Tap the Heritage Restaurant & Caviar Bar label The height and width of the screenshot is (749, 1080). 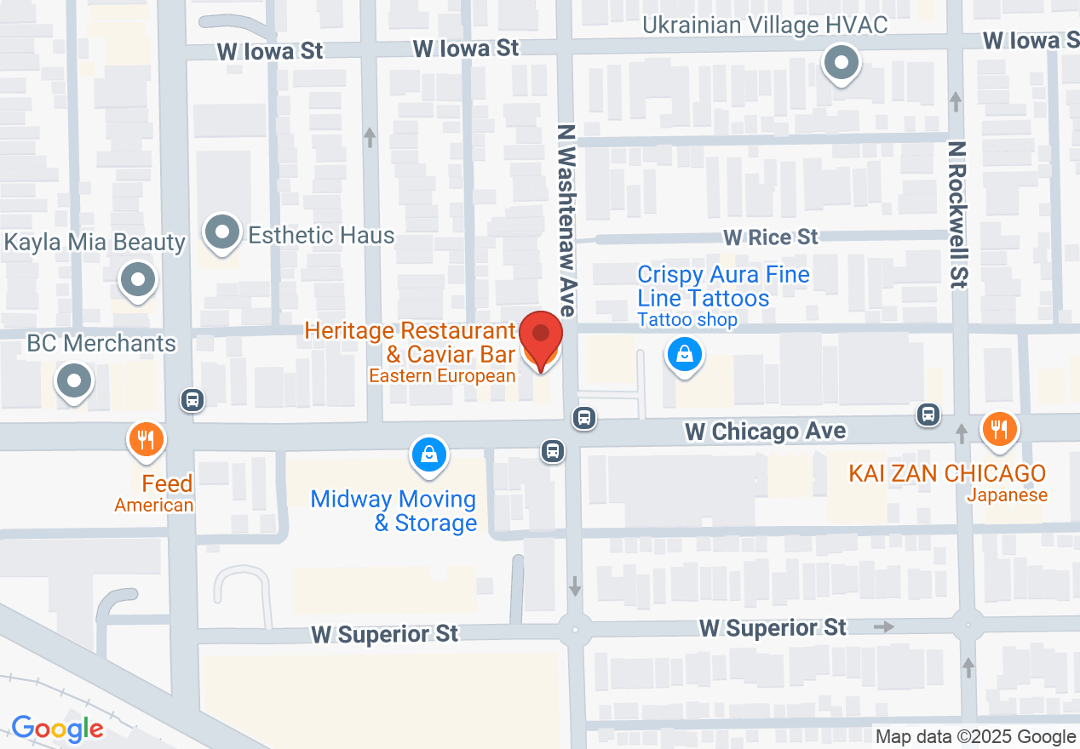click(x=410, y=341)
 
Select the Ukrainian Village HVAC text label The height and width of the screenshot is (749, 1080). click(x=764, y=25)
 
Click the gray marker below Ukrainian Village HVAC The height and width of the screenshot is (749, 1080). click(x=842, y=62)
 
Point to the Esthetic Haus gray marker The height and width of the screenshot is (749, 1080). click(x=222, y=232)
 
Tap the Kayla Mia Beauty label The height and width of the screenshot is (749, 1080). click(x=95, y=243)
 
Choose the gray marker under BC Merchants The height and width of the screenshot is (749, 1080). click(x=74, y=380)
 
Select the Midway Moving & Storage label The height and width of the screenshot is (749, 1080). click(x=393, y=510)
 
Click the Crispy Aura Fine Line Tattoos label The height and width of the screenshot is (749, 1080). click(x=723, y=286)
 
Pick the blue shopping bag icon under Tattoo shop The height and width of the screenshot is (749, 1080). click(x=685, y=355)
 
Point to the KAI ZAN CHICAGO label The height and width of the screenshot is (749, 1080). click(x=946, y=473)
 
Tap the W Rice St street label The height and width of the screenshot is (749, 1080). click(x=770, y=237)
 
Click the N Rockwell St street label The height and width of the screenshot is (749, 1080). click(x=958, y=215)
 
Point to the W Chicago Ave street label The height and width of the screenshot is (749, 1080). click(x=766, y=432)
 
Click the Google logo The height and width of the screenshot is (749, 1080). click(x=57, y=729)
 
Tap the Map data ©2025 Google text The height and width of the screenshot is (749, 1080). click(x=975, y=737)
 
